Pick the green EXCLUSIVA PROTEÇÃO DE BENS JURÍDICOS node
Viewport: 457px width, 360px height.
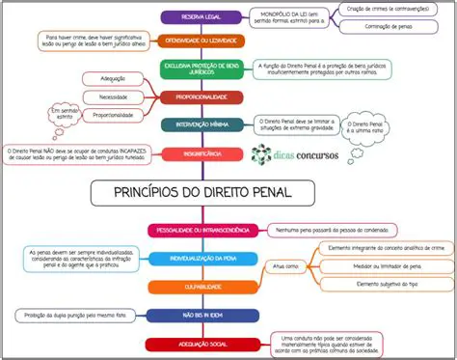pos(201,69)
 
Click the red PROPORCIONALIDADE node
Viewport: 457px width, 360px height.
pos(201,97)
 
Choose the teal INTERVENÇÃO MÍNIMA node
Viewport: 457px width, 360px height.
pos(201,125)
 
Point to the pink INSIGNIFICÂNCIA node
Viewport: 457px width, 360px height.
pos(201,153)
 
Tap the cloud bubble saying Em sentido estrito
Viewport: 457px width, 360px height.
pos(67,117)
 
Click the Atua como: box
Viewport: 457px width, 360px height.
pos(284,265)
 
